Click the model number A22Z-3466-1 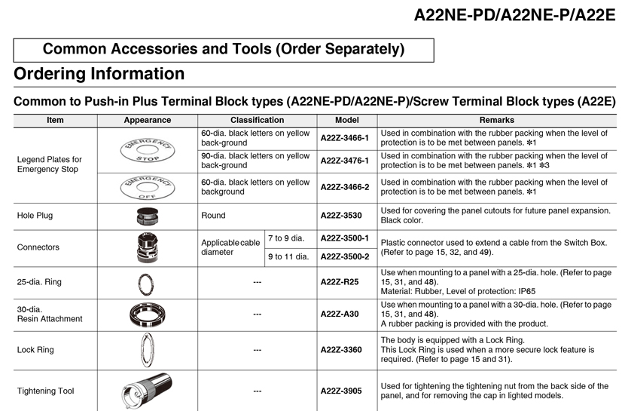pyautogui.click(x=344, y=139)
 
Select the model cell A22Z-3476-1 pyautogui.click(x=344, y=161)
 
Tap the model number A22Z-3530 pyautogui.click(x=341, y=216)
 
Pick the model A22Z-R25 pyautogui.click(x=340, y=282)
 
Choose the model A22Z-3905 pyautogui.click(x=341, y=391)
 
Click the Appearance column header pyautogui.click(x=148, y=120)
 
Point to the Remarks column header pyautogui.click(x=496, y=120)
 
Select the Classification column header pyautogui.click(x=257, y=120)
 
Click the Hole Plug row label pyautogui.click(x=35, y=216)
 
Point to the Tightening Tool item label pyautogui.click(x=45, y=391)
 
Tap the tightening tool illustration pyautogui.click(x=148, y=391)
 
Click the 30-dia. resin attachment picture pyautogui.click(x=148, y=314)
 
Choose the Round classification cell pyautogui.click(x=214, y=216)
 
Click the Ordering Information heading pyautogui.click(x=99, y=74)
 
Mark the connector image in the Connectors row pyautogui.click(x=148, y=247)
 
